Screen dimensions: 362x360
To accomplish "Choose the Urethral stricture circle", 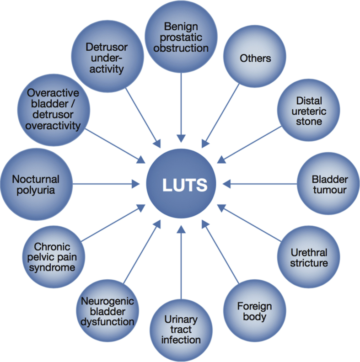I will click(309, 257).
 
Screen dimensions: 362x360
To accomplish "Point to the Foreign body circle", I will click(254, 311).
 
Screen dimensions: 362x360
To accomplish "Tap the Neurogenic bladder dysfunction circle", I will click(108, 311).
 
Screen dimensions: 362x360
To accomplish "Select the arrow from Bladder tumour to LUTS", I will click(261, 184).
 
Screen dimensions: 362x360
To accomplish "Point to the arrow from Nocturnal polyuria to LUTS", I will click(105, 184).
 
